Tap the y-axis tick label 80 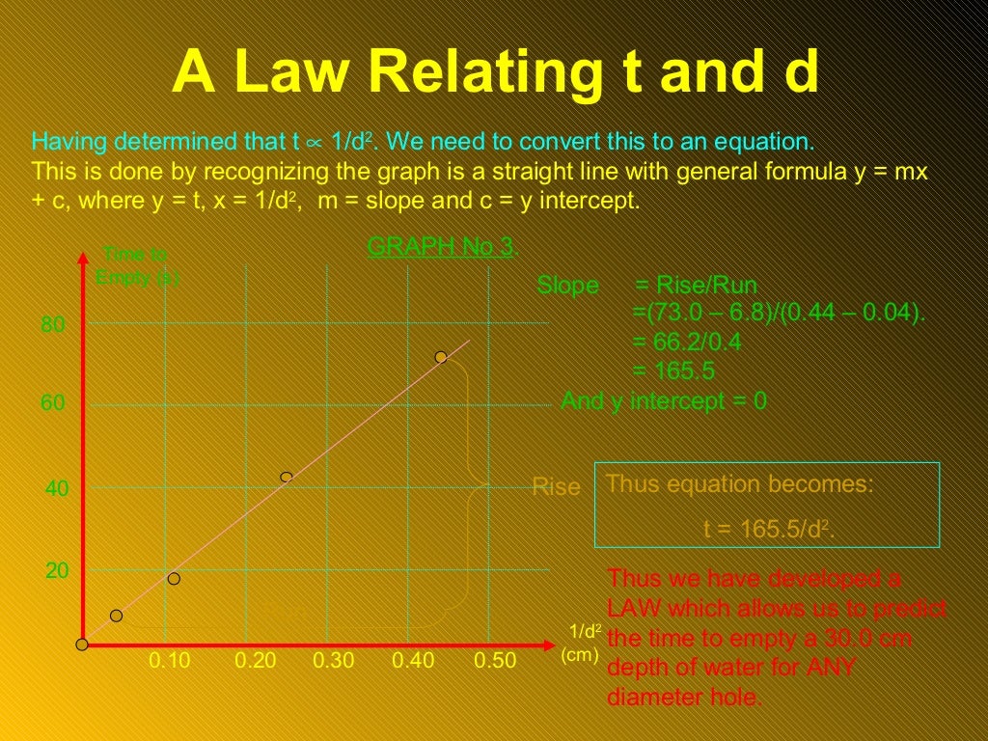click(x=53, y=325)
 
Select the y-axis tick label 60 click(x=53, y=403)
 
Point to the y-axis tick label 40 click(x=57, y=489)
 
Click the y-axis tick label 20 click(x=57, y=570)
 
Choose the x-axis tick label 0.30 click(x=334, y=661)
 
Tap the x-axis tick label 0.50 click(x=495, y=661)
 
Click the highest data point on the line click(x=441, y=357)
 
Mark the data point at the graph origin click(x=82, y=645)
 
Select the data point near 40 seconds click(x=286, y=477)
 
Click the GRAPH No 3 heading click(x=441, y=247)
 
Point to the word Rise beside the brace click(x=556, y=487)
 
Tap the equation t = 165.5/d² click(x=768, y=529)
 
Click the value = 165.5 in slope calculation click(x=673, y=371)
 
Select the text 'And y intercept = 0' click(x=664, y=401)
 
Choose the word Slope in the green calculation click(x=567, y=286)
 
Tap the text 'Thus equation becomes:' click(x=739, y=484)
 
